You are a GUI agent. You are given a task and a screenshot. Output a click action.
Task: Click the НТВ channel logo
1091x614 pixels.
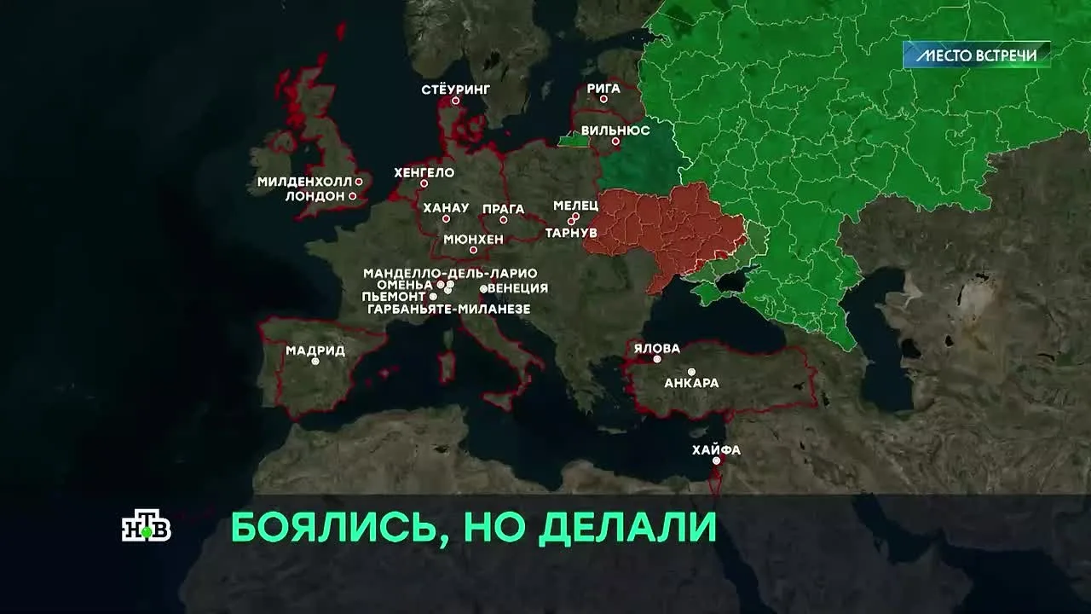pyautogui.click(x=147, y=528)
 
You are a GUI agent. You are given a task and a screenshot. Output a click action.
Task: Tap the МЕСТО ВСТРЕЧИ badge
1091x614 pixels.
pyautogui.click(x=976, y=55)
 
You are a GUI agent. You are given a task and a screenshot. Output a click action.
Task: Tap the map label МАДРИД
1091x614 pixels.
pyautogui.click(x=315, y=350)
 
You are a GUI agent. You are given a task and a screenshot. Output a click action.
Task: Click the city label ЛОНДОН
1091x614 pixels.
pyautogui.click(x=315, y=195)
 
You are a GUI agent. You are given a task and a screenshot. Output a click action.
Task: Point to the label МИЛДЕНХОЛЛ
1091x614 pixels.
pyautogui.click(x=305, y=182)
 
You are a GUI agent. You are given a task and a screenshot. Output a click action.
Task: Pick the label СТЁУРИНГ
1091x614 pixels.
pyautogui.click(x=456, y=89)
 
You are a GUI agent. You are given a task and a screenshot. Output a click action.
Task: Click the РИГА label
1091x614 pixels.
pyautogui.click(x=603, y=87)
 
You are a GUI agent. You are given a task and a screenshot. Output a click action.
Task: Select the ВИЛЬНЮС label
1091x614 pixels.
pyautogui.click(x=615, y=130)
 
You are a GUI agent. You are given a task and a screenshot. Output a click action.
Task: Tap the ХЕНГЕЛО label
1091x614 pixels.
pyautogui.click(x=424, y=172)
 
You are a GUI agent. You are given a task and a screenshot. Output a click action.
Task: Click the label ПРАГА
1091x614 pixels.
pyautogui.click(x=504, y=208)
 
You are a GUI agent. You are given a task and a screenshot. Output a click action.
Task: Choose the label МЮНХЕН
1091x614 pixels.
pyautogui.click(x=474, y=240)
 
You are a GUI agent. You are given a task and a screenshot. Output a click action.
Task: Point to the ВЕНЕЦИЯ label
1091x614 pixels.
pyautogui.click(x=517, y=288)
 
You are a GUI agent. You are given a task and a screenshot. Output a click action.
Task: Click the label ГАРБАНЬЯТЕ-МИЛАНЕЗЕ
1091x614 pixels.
pyautogui.click(x=449, y=309)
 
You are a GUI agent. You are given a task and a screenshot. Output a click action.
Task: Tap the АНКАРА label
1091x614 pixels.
pyautogui.click(x=691, y=383)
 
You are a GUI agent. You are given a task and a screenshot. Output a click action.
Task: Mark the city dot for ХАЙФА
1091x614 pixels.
pyautogui.click(x=717, y=460)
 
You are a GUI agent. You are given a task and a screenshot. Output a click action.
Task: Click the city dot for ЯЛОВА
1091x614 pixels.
pyautogui.click(x=657, y=359)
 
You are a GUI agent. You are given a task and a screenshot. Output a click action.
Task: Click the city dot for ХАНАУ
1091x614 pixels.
pyautogui.click(x=446, y=219)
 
